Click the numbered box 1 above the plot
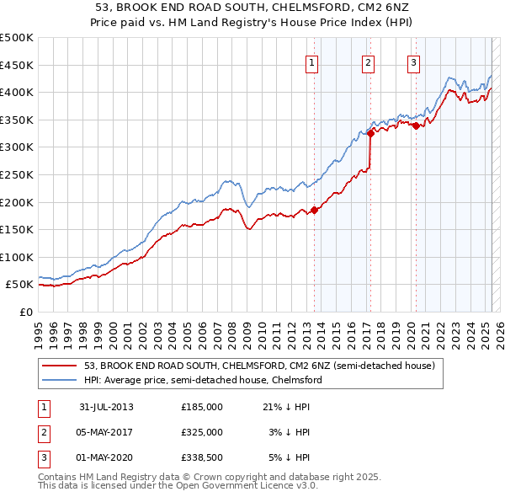pyautogui.click(x=312, y=61)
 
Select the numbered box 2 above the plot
pyautogui.click(x=369, y=61)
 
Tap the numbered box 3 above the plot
pyautogui.click(x=414, y=61)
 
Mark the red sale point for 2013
pyautogui.click(x=315, y=210)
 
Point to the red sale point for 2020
pyautogui.click(x=416, y=126)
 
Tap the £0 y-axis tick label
pyautogui.click(x=25, y=312)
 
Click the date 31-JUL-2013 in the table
pyautogui.click(x=107, y=407)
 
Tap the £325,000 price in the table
pyautogui.click(x=202, y=432)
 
